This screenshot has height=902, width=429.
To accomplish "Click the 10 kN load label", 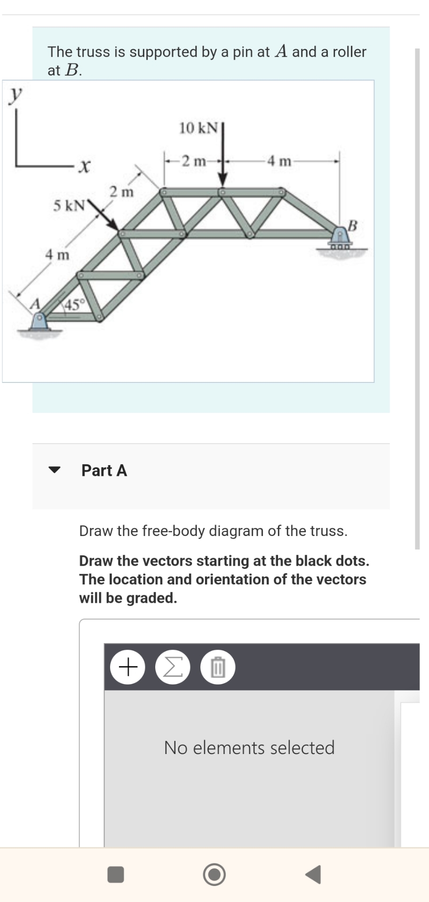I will pos(199,128).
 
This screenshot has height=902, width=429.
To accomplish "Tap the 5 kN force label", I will pos(69,205).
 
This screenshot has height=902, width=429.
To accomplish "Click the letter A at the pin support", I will pos(33,304).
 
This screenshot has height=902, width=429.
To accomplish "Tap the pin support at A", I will pos(40,322).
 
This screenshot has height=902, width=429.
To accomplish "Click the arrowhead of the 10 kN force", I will pos(222,180).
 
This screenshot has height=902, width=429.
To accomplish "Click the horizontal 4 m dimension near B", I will pos(279,161).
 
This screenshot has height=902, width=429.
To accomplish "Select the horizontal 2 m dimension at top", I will pos(194,161).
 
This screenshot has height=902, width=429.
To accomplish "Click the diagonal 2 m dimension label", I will pos(122,192).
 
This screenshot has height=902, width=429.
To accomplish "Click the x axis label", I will pos(84,165).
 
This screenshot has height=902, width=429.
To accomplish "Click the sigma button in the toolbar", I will pos(173,667).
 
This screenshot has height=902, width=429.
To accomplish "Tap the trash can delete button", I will pos(217,667).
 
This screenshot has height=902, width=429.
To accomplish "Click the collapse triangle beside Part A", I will pos(55,470).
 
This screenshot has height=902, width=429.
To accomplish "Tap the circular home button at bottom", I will pos(214,874).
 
